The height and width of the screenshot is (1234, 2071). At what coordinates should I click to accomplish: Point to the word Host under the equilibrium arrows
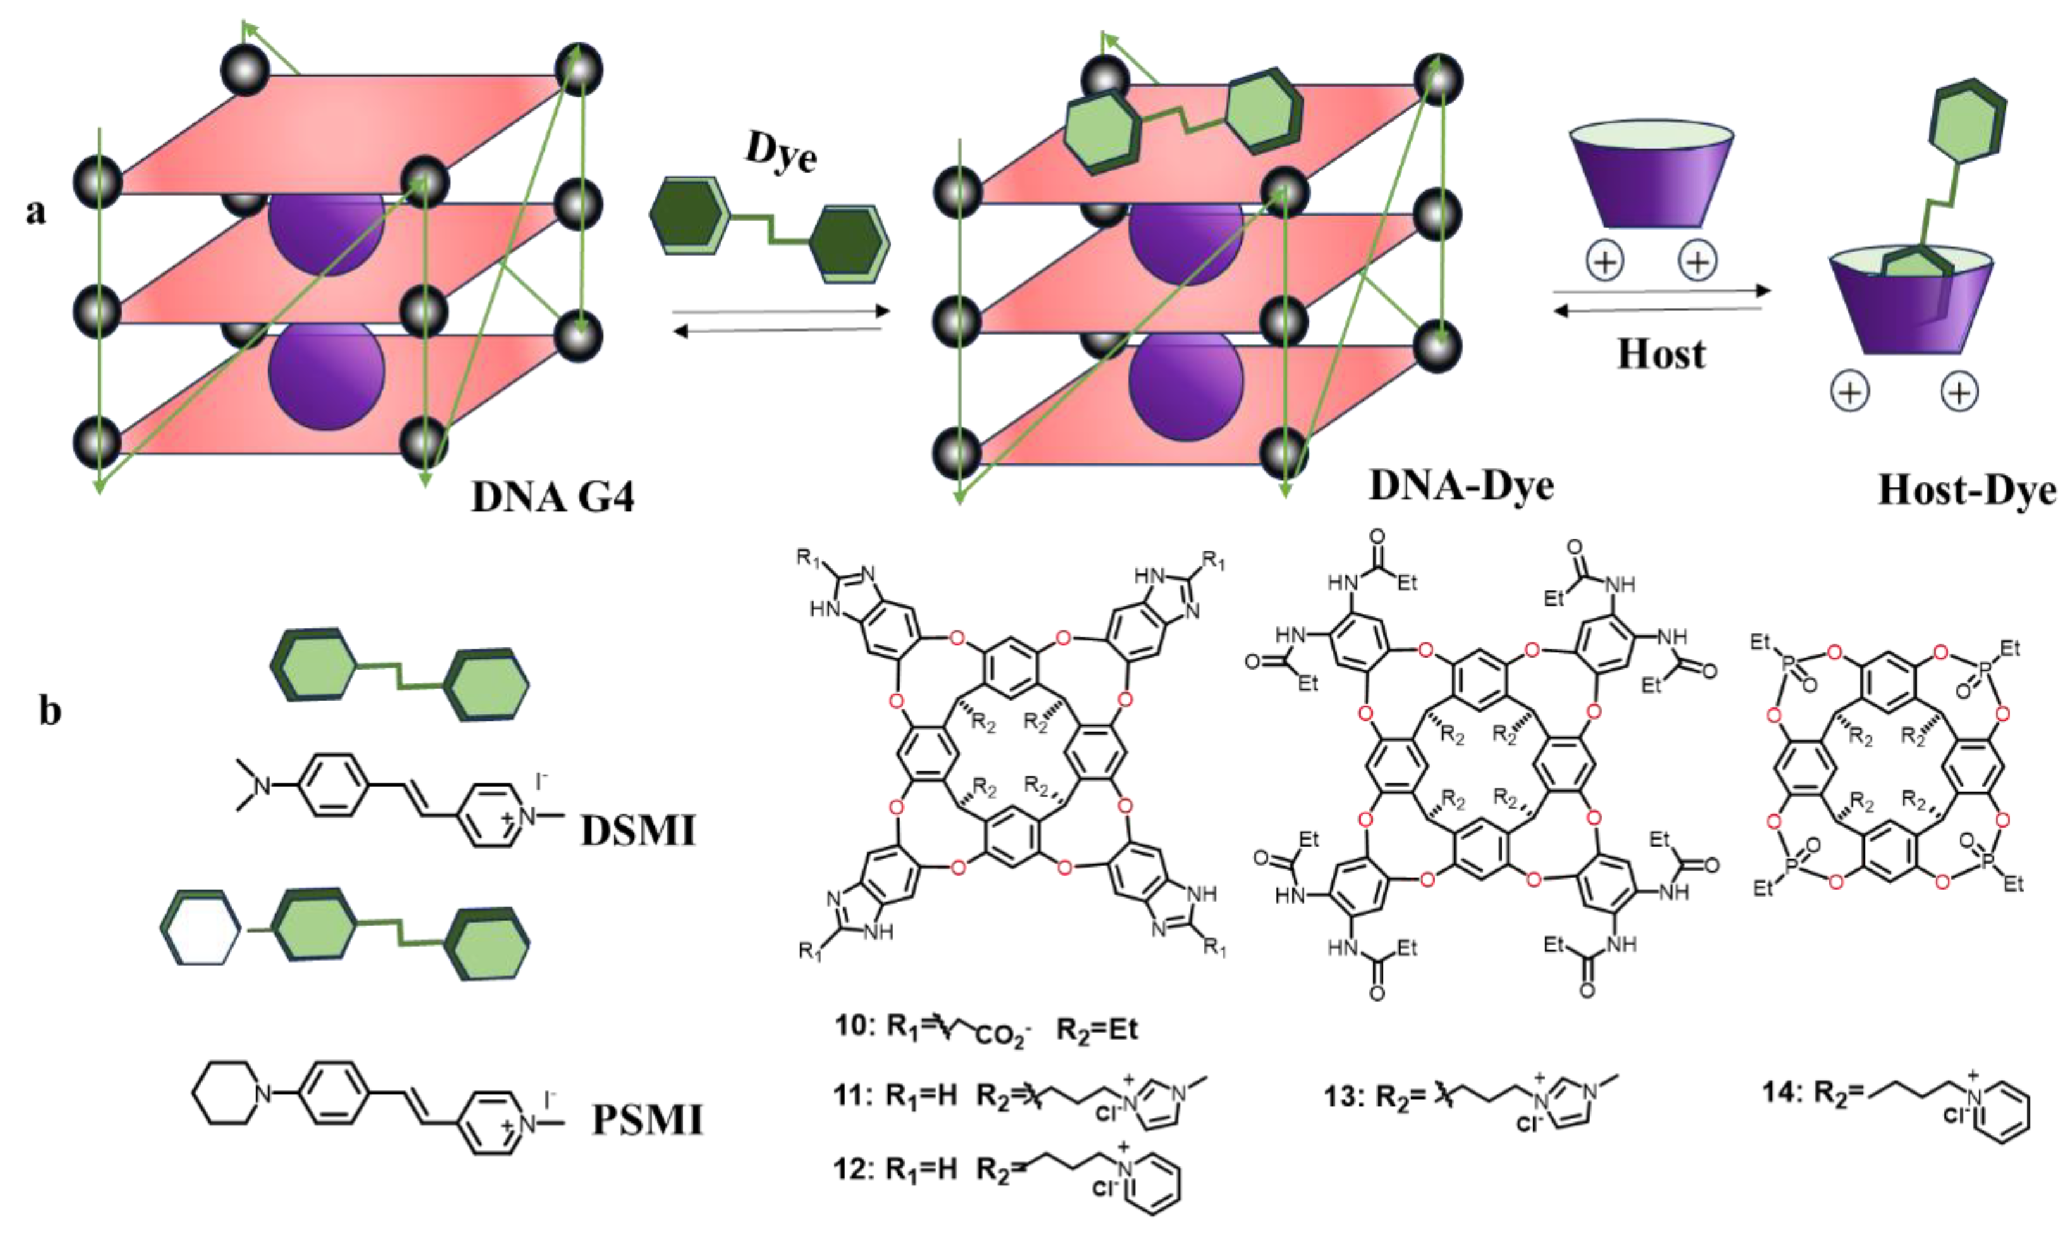(1661, 355)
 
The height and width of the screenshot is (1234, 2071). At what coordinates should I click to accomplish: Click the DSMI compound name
(638, 830)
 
